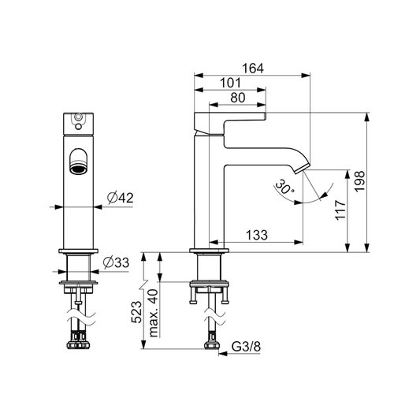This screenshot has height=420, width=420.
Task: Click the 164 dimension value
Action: (x=253, y=69)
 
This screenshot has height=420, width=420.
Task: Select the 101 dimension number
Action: (x=230, y=83)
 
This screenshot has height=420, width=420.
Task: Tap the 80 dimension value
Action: (x=238, y=98)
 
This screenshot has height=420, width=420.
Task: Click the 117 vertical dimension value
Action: (x=340, y=210)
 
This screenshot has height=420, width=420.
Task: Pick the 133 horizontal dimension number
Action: (x=257, y=235)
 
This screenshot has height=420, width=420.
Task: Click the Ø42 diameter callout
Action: (x=120, y=198)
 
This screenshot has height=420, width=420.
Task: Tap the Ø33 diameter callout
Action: (x=117, y=262)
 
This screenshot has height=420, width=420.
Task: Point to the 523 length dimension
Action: (x=136, y=312)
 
